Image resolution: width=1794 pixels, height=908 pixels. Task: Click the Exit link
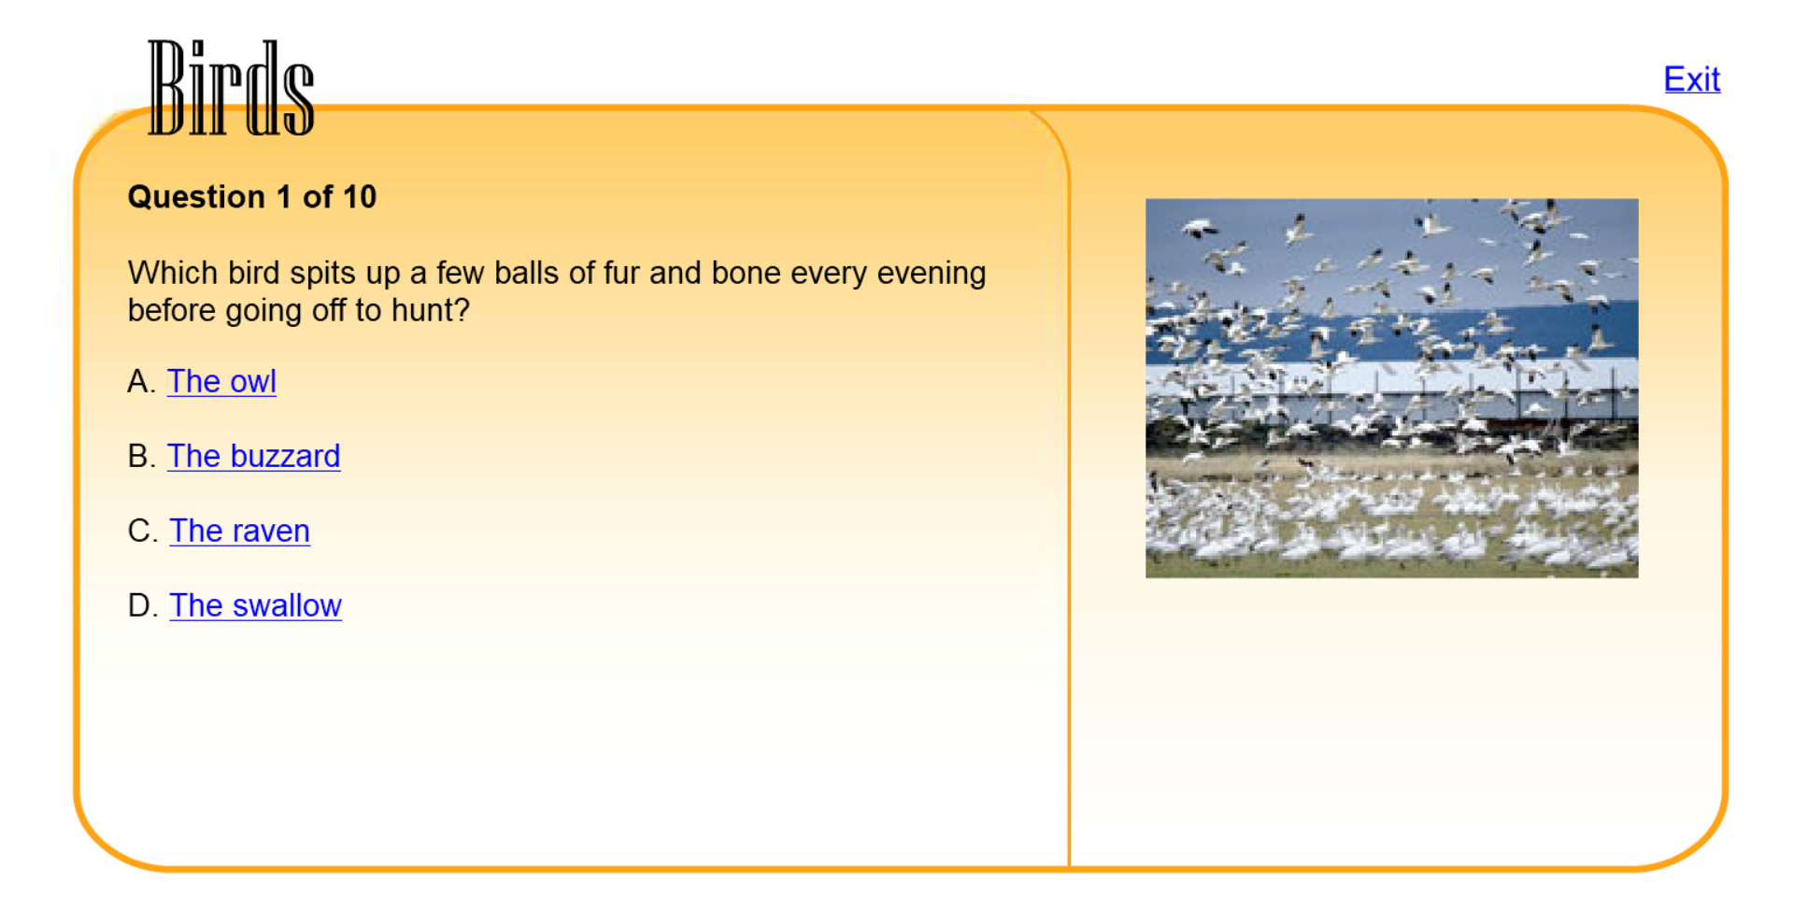pyautogui.click(x=1691, y=79)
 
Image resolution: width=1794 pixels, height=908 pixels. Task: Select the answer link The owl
pyautogui.click(x=221, y=381)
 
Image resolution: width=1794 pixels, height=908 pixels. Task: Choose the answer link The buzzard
pyautogui.click(x=253, y=456)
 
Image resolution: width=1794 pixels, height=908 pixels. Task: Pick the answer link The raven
pyautogui.click(x=239, y=531)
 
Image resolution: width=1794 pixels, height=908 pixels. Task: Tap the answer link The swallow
pyautogui.click(x=255, y=605)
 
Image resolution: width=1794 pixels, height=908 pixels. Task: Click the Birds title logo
pyautogui.click(x=231, y=88)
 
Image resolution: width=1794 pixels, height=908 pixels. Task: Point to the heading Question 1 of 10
pyautogui.click(x=252, y=197)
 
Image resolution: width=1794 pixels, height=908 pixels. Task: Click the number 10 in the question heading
pyautogui.click(x=359, y=197)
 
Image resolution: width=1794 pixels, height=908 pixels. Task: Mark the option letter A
pyautogui.click(x=141, y=381)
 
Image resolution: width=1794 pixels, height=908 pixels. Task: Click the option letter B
pyautogui.click(x=141, y=456)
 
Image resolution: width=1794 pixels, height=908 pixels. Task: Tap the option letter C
pyautogui.click(x=142, y=531)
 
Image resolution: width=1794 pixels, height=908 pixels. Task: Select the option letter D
pyautogui.click(x=142, y=605)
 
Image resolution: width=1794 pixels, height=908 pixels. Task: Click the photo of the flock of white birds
pyautogui.click(x=1391, y=388)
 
